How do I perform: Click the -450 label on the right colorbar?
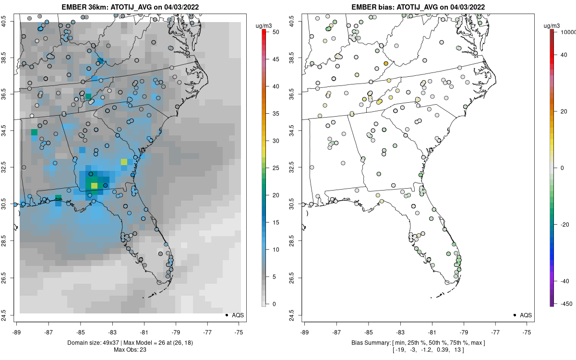click(564, 303)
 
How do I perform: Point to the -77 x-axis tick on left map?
click(207, 332)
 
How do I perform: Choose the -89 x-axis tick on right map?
click(305, 332)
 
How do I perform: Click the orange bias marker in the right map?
click(386, 63)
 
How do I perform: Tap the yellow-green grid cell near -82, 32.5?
click(124, 162)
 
